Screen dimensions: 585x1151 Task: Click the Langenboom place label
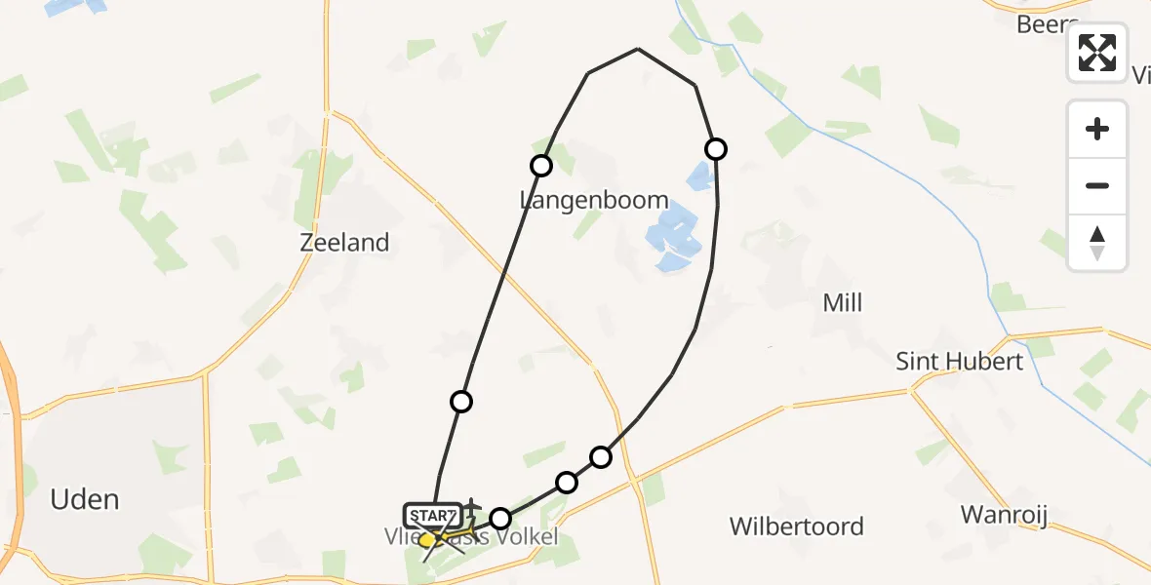pyautogui.click(x=594, y=201)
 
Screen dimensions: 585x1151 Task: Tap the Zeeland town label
pyautogui.click(x=345, y=243)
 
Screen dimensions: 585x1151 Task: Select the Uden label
pyautogui.click(x=85, y=500)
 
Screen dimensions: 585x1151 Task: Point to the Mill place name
pyautogui.click(x=843, y=303)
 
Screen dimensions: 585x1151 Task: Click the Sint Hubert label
pyautogui.click(x=960, y=362)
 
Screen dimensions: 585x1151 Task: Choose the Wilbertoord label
pyautogui.click(x=796, y=526)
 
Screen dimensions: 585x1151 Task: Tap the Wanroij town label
pyautogui.click(x=1004, y=515)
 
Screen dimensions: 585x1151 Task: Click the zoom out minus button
pyautogui.click(x=1097, y=185)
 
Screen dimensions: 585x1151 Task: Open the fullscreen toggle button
pyautogui.click(x=1097, y=53)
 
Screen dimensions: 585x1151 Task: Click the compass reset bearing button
pyautogui.click(x=1097, y=243)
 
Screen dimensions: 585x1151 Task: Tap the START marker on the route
pyautogui.click(x=432, y=515)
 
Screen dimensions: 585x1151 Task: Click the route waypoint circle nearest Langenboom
pyautogui.click(x=541, y=166)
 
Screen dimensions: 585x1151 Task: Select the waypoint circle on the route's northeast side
pyautogui.click(x=716, y=148)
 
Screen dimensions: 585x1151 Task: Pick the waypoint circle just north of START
pyautogui.click(x=461, y=401)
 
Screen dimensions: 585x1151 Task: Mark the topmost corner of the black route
pyautogui.click(x=638, y=49)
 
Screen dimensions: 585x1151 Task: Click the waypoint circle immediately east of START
pyautogui.click(x=500, y=519)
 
